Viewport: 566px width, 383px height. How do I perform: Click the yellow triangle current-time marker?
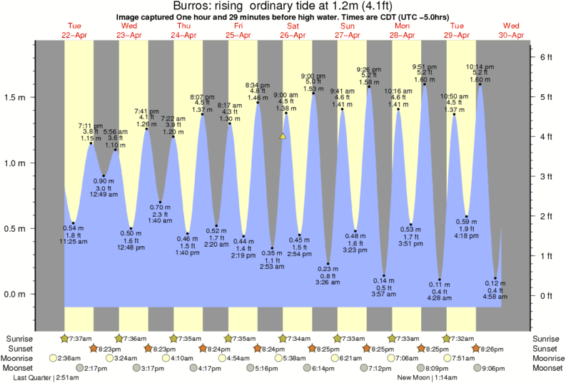[283, 136]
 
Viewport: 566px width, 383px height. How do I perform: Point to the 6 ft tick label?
[545, 56]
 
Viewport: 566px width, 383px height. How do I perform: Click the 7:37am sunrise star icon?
[65, 338]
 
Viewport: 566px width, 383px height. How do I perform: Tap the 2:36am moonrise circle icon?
[53, 358]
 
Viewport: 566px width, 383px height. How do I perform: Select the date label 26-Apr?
[293, 35]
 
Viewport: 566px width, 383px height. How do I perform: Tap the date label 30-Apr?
[512, 35]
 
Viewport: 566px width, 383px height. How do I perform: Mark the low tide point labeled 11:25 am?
[73, 223]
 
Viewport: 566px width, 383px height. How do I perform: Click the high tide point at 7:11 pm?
[91, 143]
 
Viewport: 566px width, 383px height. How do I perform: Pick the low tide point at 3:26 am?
[328, 264]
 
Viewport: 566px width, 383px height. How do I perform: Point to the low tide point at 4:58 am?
[495, 278]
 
